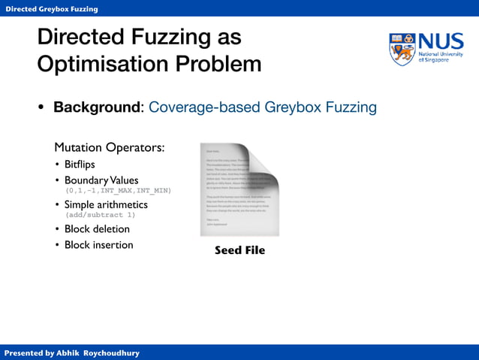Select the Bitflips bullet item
coord(80,164)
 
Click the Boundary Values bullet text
coord(101,180)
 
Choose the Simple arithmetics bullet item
coord(105,204)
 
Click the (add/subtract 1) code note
coord(105,215)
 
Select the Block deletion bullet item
coord(97,228)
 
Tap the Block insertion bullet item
coord(98,245)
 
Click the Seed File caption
coord(239,250)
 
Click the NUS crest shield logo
coord(402,49)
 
